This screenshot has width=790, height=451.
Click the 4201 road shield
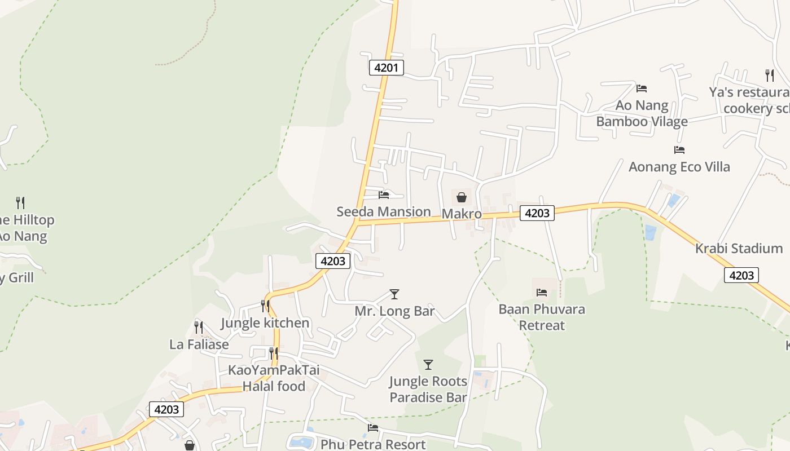point(387,68)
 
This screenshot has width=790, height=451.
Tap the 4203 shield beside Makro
point(537,213)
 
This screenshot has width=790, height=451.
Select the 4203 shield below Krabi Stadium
point(741,275)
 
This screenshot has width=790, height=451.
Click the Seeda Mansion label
point(384,212)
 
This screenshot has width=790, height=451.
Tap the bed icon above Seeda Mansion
point(384,195)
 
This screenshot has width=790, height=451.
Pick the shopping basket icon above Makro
point(462,197)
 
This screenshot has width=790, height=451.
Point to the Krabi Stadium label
point(739,249)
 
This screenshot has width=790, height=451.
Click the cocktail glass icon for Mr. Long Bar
point(394,294)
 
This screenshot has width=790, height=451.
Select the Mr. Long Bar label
point(394,311)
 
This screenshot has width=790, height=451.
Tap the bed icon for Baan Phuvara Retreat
point(542,293)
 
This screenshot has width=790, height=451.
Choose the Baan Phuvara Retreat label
point(542,317)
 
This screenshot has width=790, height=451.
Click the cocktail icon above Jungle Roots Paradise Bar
point(428,365)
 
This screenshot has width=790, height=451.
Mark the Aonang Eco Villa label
point(679,167)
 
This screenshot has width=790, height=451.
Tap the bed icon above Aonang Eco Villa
point(679,150)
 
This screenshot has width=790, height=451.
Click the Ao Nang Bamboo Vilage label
point(642,113)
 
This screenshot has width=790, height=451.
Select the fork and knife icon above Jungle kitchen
point(265,306)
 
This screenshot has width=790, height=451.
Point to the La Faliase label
point(199,344)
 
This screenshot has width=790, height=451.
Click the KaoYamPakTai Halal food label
point(274,378)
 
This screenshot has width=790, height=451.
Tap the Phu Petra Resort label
point(373,444)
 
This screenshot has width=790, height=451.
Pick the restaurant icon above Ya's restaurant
point(769,76)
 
